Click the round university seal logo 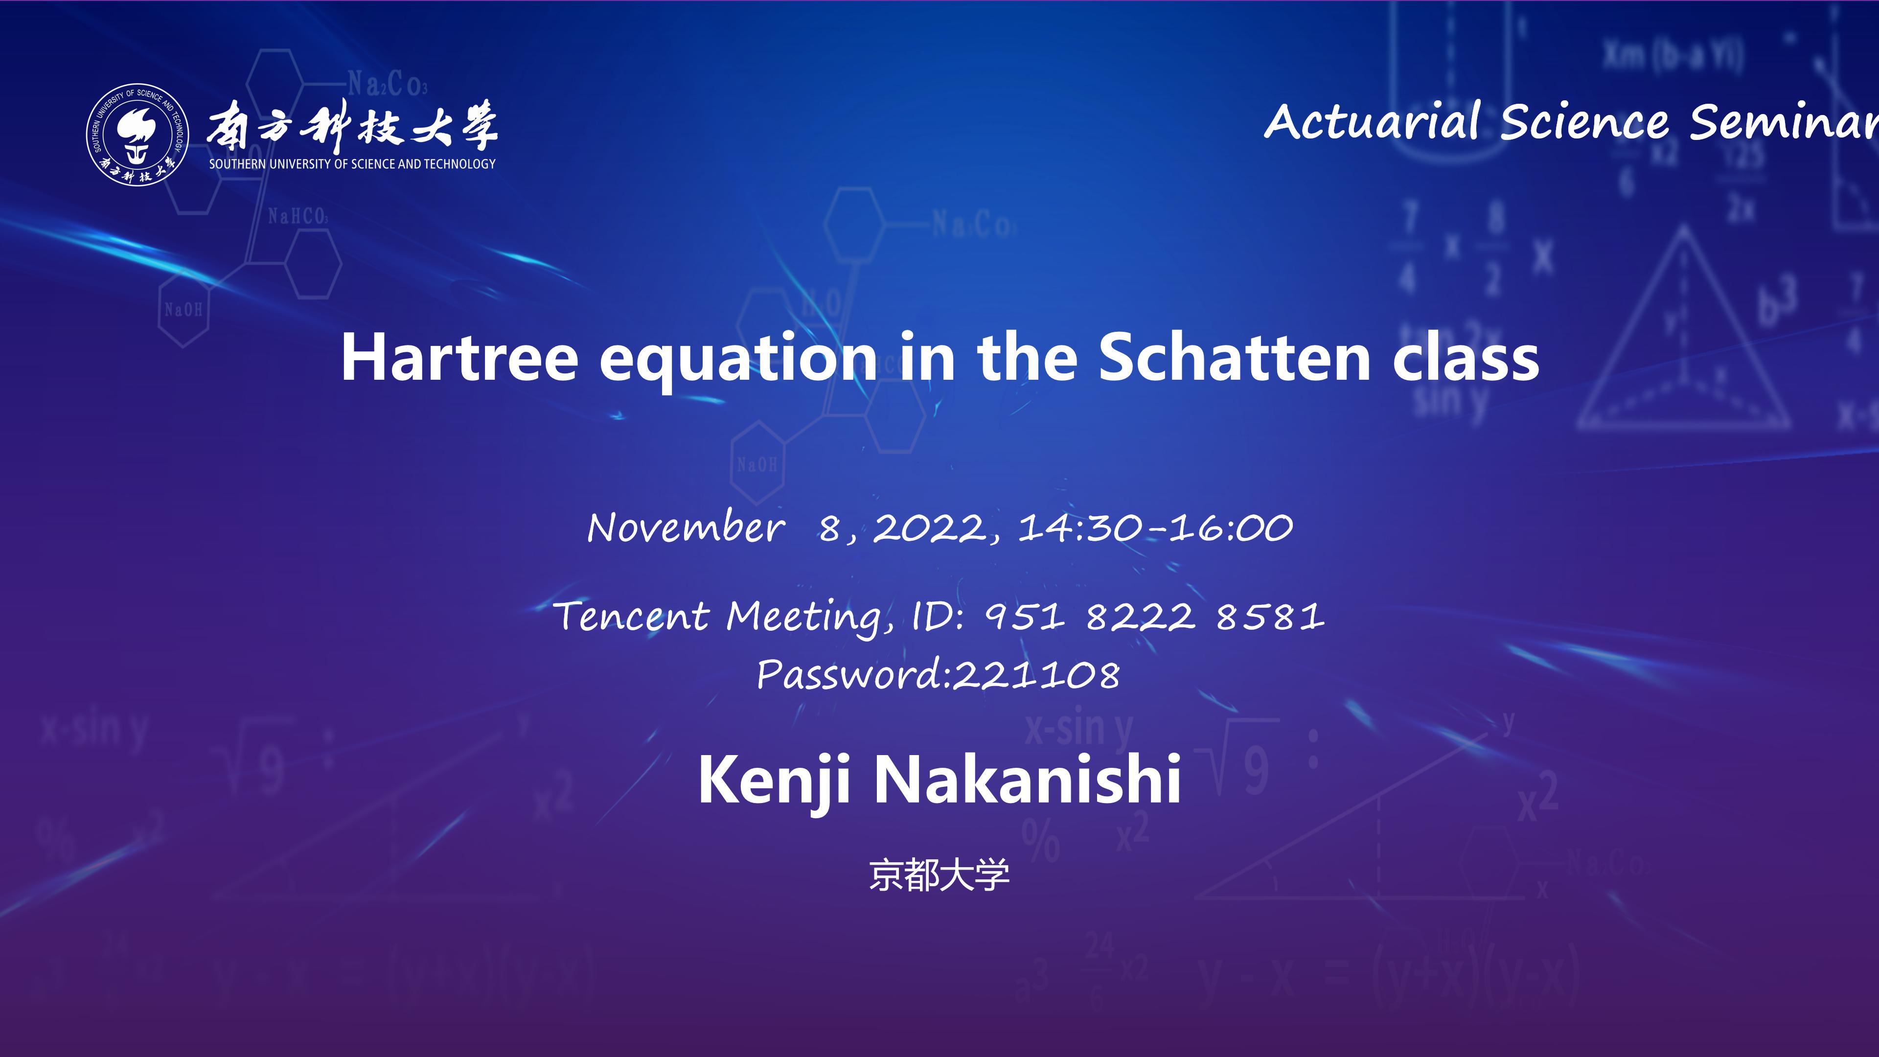138,134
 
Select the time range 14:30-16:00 1155,528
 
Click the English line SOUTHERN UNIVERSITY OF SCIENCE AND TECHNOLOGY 352,164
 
